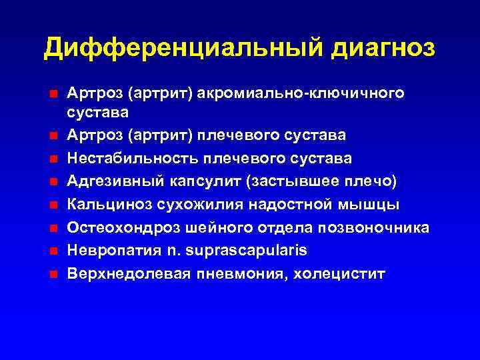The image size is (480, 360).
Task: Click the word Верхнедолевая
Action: (124, 273)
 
